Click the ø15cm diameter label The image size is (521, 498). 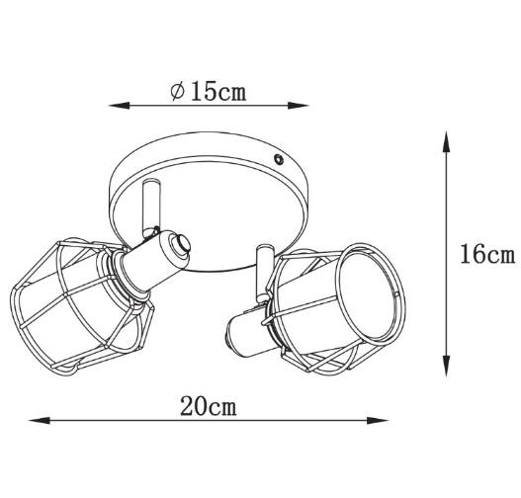[209, 91]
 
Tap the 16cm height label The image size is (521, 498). [487, 254]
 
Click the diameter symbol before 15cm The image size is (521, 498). [177, 92]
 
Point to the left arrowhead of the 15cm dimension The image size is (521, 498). [119, 106]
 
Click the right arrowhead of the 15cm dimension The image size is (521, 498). [298, 106]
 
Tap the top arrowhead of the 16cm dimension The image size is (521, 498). [447, 141]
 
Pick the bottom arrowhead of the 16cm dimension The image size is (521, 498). [447, 366]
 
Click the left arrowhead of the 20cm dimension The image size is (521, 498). [40, 421]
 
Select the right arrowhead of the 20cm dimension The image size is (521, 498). [378, 421]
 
